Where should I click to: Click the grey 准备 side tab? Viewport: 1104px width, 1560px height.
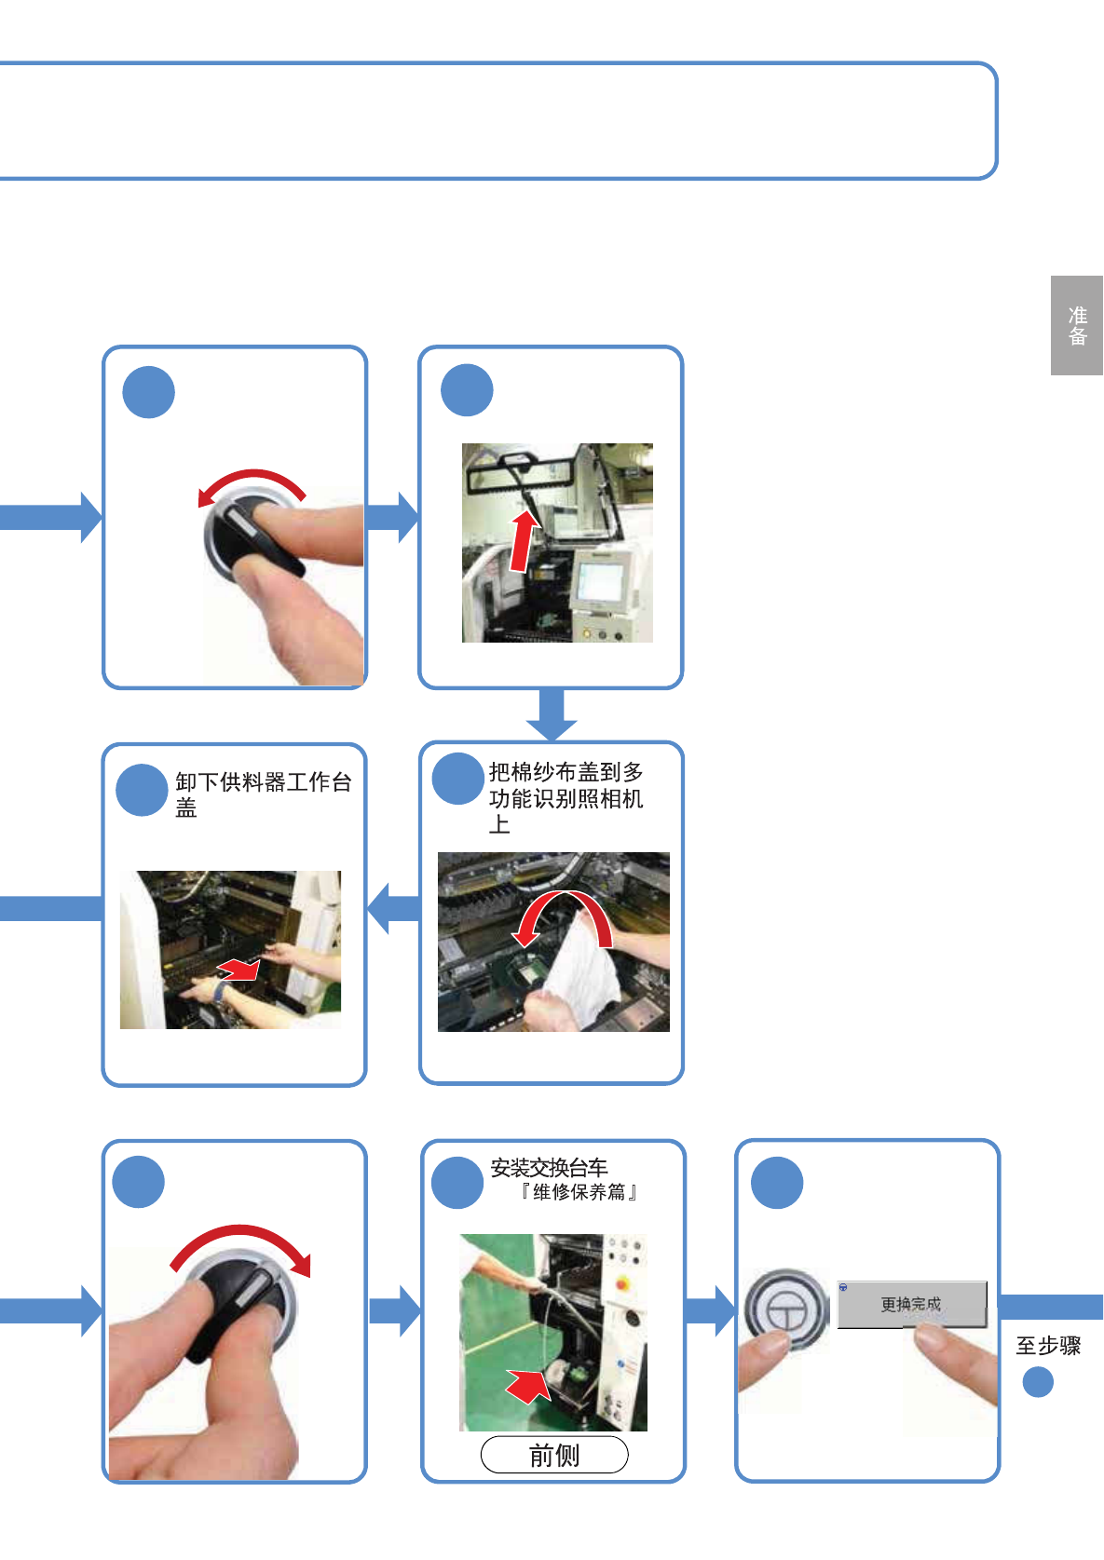click(1077, 325)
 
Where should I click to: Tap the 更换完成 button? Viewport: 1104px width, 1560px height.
click(911, 1304)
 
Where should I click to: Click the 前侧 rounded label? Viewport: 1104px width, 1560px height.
click(554, 1455)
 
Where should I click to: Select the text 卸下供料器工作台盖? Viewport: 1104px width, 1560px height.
click(263, 794)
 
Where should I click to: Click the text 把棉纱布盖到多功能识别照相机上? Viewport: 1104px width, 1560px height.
click(566, 798)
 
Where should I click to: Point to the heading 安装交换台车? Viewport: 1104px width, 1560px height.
click(549, 1168)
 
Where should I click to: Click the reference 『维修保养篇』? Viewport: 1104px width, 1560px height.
click(578, 1192)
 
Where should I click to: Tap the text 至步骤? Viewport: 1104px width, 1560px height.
click(1048, 1346)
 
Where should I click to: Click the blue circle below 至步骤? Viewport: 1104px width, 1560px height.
click(1038, 1382)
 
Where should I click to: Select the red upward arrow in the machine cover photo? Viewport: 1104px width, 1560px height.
click(523, 541)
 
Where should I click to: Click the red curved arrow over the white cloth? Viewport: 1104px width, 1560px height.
click(563, 913)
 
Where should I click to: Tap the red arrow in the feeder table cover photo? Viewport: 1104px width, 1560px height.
click(239, 970)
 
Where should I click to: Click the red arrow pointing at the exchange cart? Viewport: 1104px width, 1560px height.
click(527, 1385)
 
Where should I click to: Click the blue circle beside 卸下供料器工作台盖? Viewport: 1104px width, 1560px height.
click(142, 790)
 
